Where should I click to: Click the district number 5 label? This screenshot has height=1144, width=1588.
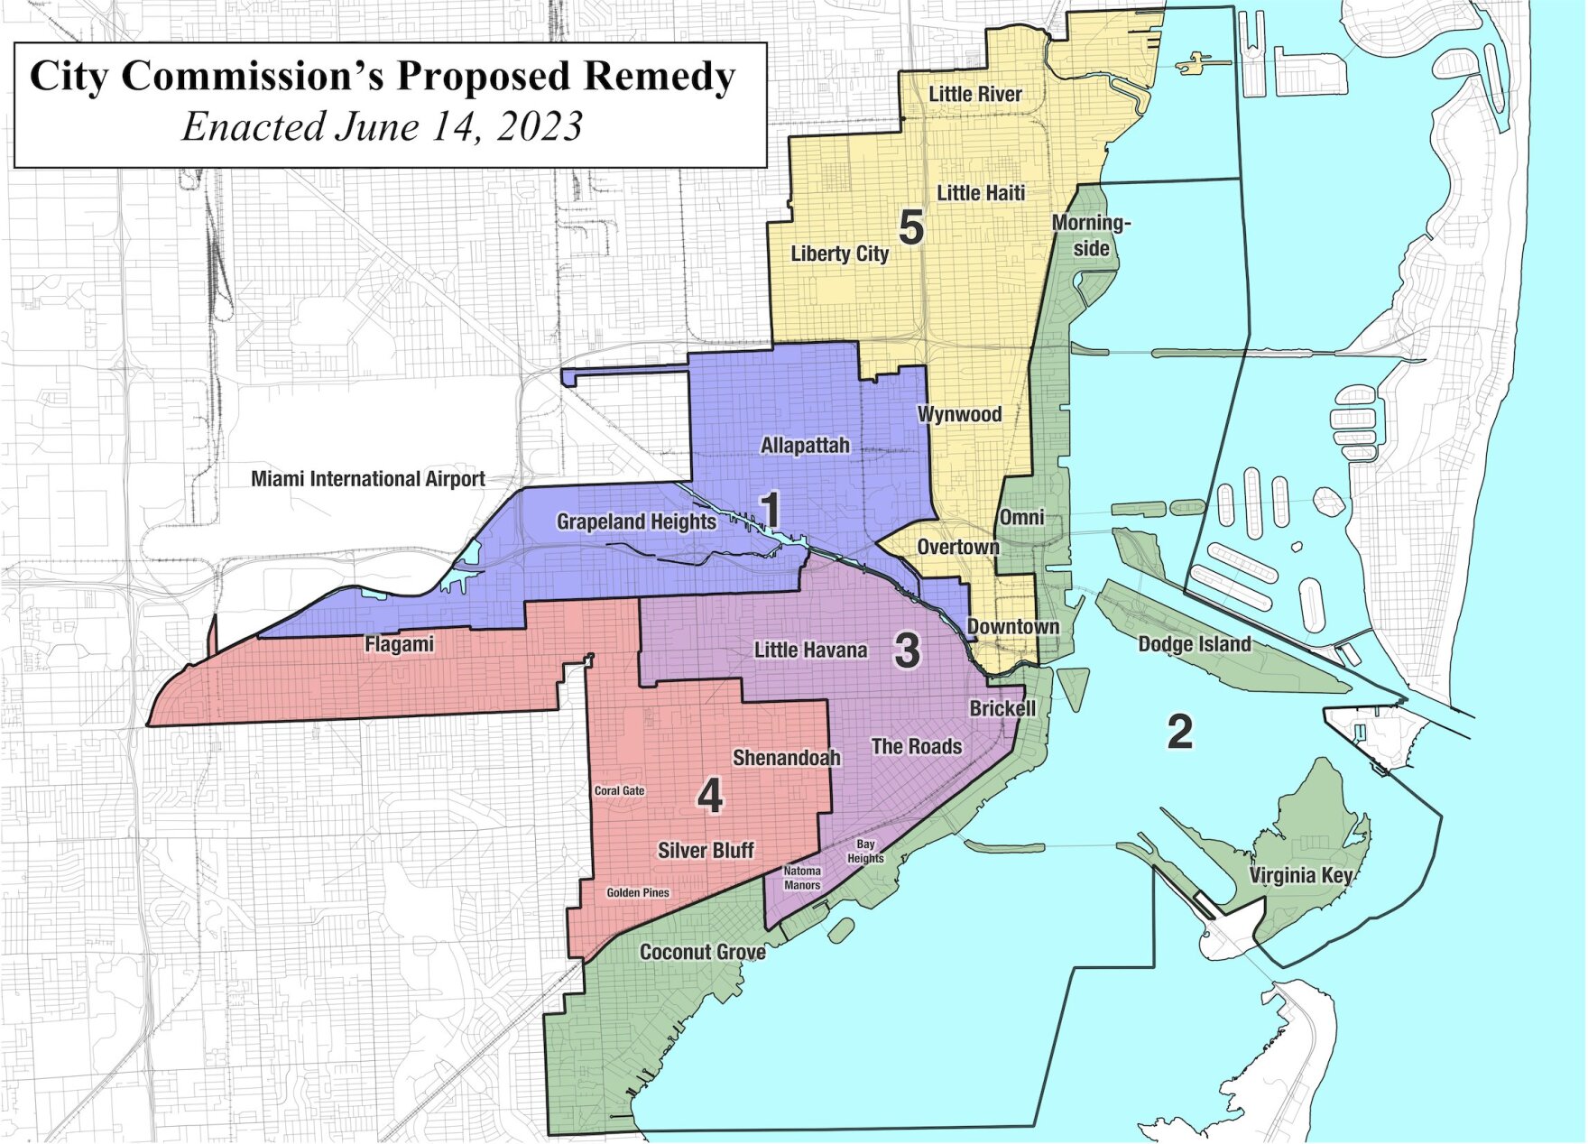[x=911, y=227]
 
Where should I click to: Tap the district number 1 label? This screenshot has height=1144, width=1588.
[x=771, y=511]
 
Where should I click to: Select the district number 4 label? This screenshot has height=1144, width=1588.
[x=710, y=797]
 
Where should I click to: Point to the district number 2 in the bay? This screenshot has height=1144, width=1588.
[x=1179, y=731]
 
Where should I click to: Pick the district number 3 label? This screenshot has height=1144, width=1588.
[x=907, y=650]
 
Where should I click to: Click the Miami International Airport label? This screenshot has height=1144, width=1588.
[x=367, y=479]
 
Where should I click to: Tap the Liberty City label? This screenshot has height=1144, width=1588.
[x=839, y=254]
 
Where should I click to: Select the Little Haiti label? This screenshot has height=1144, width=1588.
[x=981, y=192]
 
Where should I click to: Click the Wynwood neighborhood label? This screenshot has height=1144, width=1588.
[x=959, y=414]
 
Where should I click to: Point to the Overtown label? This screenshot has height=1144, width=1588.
[x=958, y=548]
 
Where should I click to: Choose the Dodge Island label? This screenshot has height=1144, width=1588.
[x=1194, y=644]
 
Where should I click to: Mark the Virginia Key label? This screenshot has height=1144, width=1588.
[x=1300, y=875]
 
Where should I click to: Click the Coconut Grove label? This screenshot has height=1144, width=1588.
[x=702, y=952]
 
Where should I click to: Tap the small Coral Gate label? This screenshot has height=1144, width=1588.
[x=619, y=790]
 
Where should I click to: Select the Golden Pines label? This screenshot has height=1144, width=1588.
[x=638, y=892]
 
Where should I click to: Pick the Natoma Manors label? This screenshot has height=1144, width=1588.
[x=801, y=878]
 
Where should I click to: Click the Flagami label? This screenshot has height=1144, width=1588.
[x=399, y=644]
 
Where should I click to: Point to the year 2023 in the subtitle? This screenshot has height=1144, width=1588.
[x=539, y=126]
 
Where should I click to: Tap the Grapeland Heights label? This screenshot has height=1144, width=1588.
[x=636, y=521]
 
